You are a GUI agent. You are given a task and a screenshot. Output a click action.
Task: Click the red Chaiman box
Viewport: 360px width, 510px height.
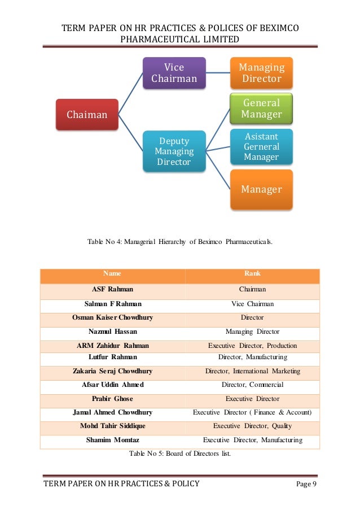[86, 115]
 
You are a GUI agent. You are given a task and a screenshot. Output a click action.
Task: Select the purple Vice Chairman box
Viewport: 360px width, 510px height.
[174, 73]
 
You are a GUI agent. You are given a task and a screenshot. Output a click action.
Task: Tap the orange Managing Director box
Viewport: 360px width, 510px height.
[261, 73]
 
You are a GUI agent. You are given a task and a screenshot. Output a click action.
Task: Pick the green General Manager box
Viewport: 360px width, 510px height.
[261, 108]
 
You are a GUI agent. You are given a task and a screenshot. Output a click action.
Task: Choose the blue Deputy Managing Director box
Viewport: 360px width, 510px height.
[174, 151]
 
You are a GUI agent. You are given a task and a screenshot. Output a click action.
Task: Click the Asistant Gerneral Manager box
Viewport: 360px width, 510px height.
[261, 146]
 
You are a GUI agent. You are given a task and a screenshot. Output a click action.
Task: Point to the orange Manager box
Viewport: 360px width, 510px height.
[261, 189]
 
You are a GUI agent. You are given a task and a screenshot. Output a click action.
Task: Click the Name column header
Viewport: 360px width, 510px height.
[112, 274]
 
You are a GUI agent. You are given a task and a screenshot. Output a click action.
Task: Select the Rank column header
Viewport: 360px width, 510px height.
[252, 274]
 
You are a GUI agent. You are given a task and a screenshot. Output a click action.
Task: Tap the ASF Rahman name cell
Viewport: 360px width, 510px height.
[112, 289]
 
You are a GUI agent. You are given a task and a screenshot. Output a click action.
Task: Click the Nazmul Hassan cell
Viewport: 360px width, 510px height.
[112, 332]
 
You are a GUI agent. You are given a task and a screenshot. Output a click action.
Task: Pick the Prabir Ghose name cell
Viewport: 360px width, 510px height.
[112, 399]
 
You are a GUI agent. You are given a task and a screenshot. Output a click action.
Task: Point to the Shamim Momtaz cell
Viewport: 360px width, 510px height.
[112, 440]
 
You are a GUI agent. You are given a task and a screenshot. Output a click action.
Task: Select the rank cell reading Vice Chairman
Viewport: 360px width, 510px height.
[252, 304]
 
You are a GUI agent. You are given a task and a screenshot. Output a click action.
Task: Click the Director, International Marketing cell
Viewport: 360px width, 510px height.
[252, 371]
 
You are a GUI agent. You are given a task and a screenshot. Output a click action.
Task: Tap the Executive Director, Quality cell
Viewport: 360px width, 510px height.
[252, 426]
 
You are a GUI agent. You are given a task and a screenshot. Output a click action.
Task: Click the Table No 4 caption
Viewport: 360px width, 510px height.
[180, 242]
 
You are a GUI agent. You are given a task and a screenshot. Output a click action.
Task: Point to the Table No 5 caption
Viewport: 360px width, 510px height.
[180, 453]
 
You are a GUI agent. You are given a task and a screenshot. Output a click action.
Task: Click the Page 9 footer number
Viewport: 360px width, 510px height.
[306, 485]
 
